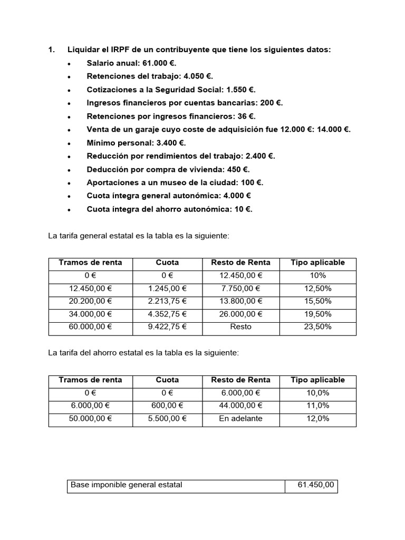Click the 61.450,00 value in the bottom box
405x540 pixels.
315,485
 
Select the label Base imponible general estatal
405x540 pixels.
126,485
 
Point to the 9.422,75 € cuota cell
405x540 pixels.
167,326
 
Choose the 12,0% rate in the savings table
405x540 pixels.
318,418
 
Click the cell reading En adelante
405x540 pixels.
240,418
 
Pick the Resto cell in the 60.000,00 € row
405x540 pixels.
240,326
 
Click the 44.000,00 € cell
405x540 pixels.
240,406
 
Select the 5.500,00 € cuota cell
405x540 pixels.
167,418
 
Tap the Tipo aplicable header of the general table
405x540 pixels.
318,262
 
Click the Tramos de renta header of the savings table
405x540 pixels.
90,380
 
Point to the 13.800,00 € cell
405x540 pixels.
240,301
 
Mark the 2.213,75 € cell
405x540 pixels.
167,301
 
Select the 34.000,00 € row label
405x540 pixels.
90,314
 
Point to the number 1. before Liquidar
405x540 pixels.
52,50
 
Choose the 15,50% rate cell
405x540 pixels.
318,301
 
